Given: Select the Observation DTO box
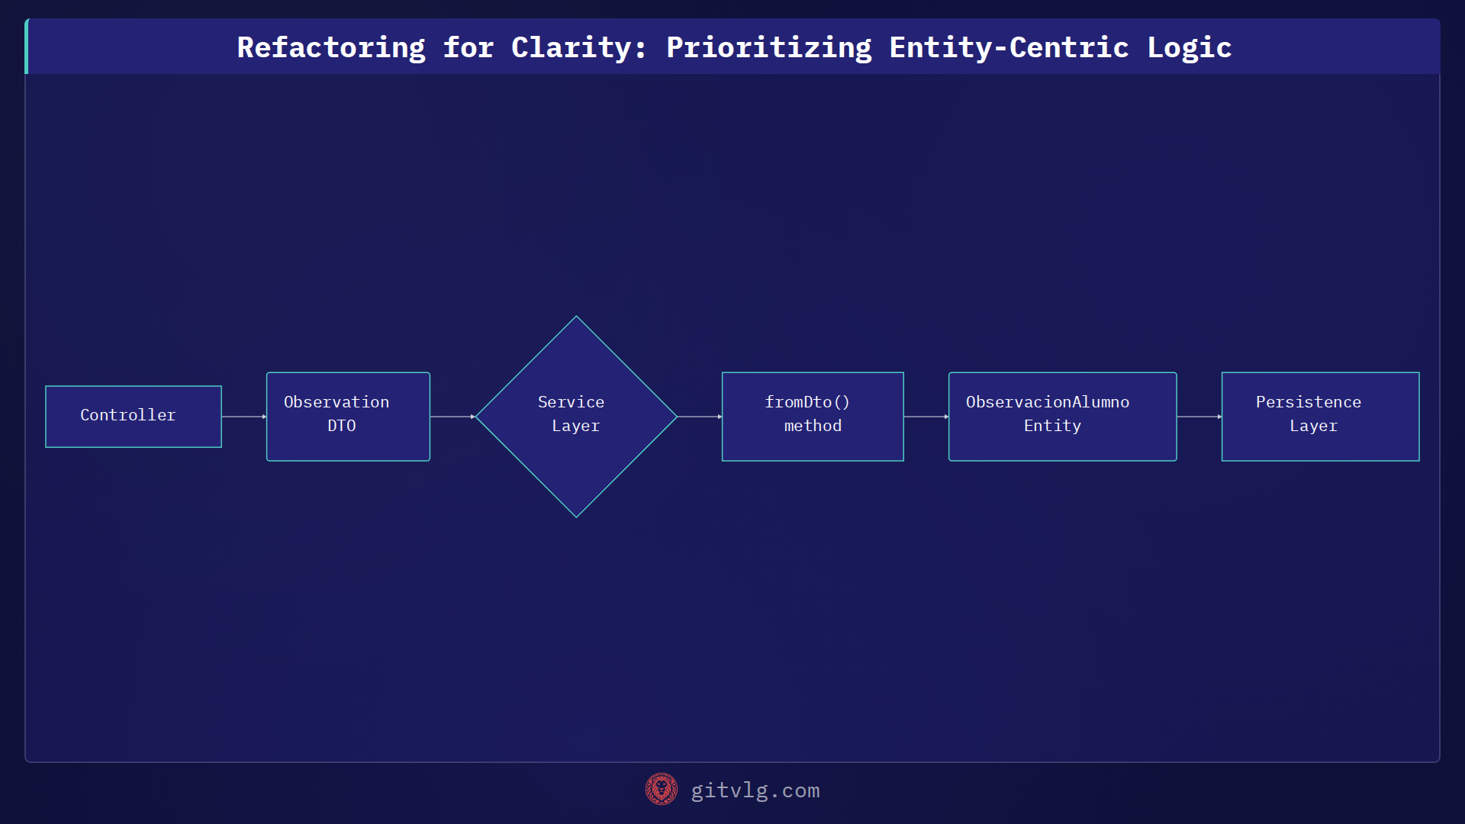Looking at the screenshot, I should pos(348,417).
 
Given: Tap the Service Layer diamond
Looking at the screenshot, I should pos(576,417).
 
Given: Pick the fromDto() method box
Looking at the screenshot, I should pos(813,417).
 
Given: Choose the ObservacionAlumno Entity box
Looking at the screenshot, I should pos(1062,417).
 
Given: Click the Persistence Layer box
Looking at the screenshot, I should pos(1320,417).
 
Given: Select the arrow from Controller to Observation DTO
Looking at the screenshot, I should pos(244,417).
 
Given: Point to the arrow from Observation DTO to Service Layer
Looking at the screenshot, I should pos(452,417).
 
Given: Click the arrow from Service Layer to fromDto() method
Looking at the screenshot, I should pos(699,417).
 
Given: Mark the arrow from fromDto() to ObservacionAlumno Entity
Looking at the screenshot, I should pos(926,417).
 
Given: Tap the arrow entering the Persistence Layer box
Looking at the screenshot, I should pos(1199,417).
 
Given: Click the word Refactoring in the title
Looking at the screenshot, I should pos(331,47).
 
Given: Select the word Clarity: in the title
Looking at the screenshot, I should pos(579,47).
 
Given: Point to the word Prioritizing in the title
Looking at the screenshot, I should pos(768,47).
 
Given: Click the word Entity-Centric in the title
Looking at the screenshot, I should pos(1009,47).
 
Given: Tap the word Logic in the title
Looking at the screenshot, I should pos(1190,47).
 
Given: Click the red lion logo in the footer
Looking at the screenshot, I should pos(662,789).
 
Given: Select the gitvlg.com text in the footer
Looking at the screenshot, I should pos(755,790).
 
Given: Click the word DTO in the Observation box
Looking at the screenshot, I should pos(342,426).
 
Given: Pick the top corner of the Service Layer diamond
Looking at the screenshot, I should pos(576,318).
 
